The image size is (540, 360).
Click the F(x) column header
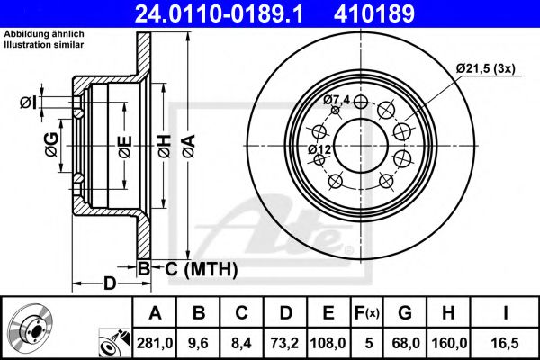coord(366,312)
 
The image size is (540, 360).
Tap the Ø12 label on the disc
coord(319,148)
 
